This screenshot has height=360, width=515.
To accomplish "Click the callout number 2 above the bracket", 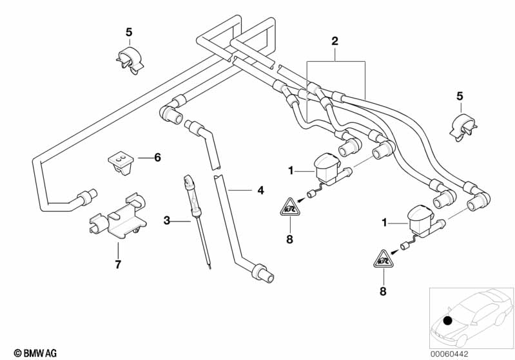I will pyautogui.click(x=335, y=41).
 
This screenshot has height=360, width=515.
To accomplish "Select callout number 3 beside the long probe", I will pyautogui.click(x=167, y=221).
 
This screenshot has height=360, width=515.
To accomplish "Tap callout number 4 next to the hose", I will pyautogui.click(x=260, y=191).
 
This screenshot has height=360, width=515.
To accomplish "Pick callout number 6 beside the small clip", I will pyautogui.click(x=157, y=156).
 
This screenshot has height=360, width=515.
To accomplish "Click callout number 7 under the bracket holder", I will pyautogui.click(x=118, y=264).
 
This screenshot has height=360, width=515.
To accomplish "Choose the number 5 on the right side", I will pyautogui.click(x=460, y=96).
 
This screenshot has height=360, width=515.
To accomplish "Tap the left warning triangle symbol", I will pyautogui.click(x=290, y=207).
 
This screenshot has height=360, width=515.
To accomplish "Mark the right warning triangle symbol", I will pyautogui.click(x=384, y=260).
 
